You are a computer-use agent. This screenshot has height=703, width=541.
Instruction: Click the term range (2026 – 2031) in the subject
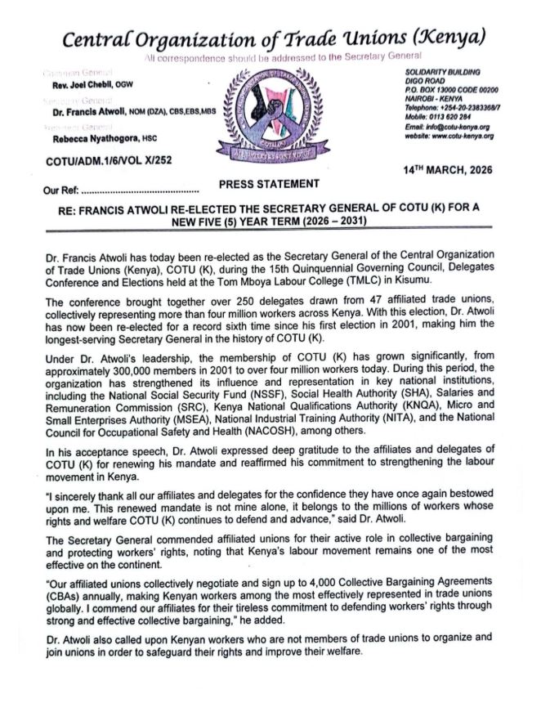click(x=323, y=221)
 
